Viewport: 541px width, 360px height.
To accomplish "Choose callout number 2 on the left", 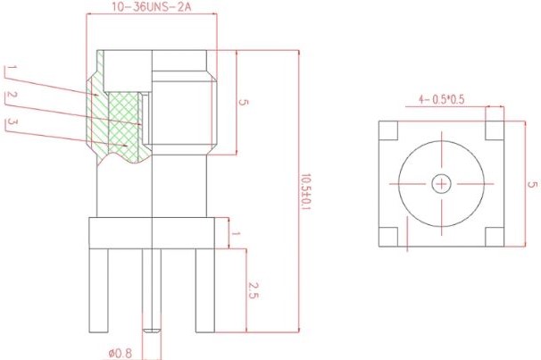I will pos(10,96).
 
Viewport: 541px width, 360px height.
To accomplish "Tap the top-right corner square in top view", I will pos(494,130).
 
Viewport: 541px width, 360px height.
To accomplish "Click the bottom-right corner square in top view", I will pos(494,237).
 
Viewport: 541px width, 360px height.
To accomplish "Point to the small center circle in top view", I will pos(441,184).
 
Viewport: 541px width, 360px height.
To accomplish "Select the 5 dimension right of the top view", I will pos(532,184).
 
